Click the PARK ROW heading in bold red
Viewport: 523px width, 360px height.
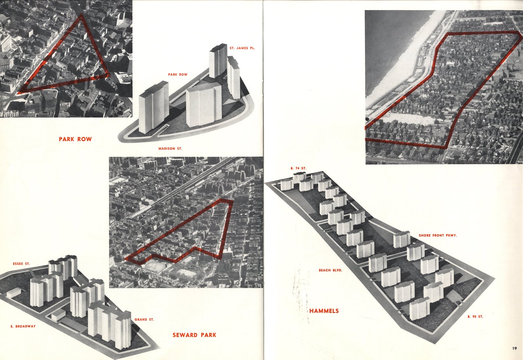click(x=75, y=139)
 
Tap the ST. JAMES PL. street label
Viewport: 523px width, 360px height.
click(x=242, y=48)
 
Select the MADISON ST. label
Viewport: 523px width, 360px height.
click(x=170, y=148)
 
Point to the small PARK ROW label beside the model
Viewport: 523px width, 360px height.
click(x=178, y=75)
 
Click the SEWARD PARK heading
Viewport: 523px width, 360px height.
click(x=194, y=335)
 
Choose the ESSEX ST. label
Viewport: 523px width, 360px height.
click(x=21, y=264)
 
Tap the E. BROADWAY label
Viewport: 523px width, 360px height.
click(x=23, y=326)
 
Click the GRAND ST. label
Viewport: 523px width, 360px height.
click(x=144, y=319)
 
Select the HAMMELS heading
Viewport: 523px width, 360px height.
click(x=324, y=311)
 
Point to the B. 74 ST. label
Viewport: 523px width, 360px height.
click(x=298, y=168)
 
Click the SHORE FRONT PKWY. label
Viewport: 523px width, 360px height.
click(x=438, y=235)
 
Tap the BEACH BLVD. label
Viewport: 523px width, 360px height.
click(x=330, y=270)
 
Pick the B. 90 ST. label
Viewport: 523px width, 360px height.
click(x=475, y=317)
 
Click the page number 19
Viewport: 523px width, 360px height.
click(x=515, y=348)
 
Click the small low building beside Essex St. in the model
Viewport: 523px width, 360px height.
click(x=13, y=293)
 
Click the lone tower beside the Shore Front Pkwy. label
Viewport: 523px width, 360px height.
click(x=401, y=239)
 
